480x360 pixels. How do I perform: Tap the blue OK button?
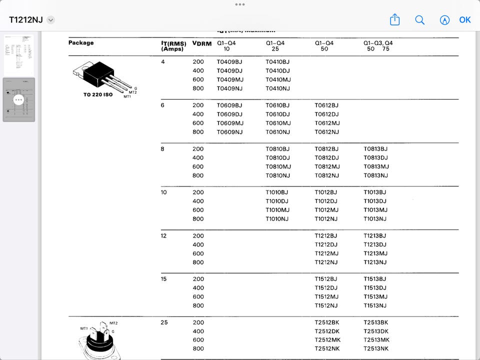(465, 20)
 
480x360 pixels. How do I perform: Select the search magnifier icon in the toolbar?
(420, 20)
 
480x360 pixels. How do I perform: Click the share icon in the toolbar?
(395, 19)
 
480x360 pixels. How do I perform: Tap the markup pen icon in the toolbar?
(444, 20)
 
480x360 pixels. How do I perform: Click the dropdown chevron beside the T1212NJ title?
(50, 20)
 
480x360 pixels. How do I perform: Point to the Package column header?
(81, 43)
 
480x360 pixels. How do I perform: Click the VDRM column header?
(202, 43)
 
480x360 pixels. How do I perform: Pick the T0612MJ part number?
(327, 123)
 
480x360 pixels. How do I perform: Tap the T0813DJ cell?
(375, 158)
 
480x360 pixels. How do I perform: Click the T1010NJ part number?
(277, 219)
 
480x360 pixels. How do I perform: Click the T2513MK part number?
(376, 340)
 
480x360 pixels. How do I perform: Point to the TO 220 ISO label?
(98, 94)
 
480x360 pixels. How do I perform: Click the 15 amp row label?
(163, 279)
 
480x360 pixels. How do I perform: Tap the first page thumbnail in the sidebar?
(19, 55)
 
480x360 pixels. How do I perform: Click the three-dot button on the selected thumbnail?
(19, 99)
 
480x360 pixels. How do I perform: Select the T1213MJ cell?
(375, 253)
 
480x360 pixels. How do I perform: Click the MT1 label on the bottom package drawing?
(84, 328)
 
